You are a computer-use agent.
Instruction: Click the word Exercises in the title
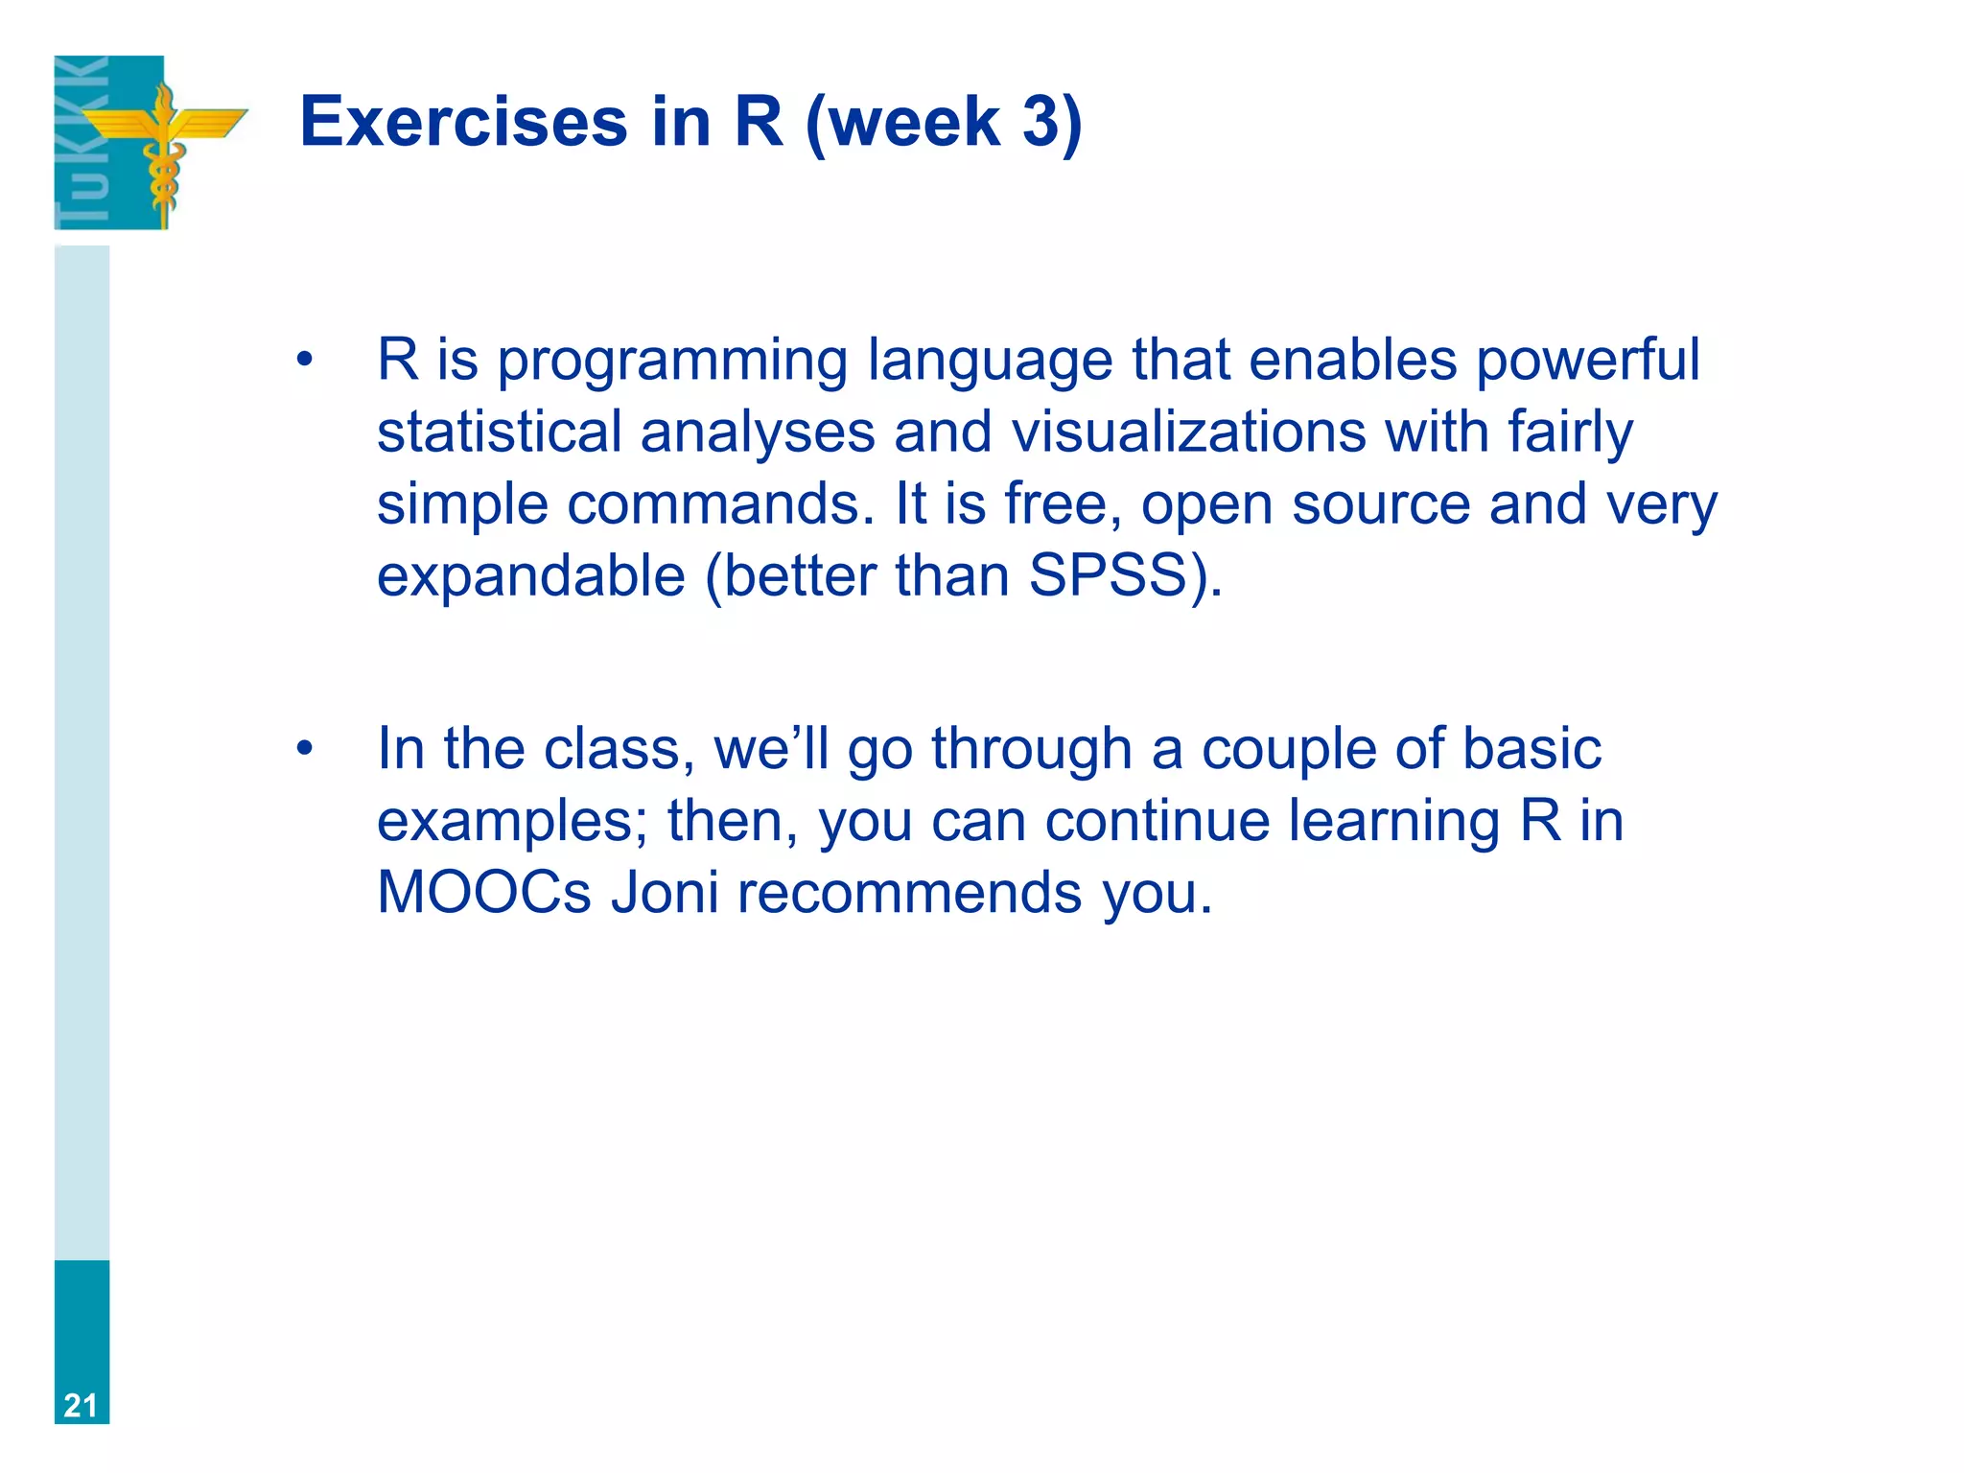(x=463, y=123)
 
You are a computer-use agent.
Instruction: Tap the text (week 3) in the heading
(x=944, y=123)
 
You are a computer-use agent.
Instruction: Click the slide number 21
(x=81, y=1405)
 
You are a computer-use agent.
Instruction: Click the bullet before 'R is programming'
(x=305, y=361)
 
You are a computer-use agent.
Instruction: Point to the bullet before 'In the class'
(x=305, y=749)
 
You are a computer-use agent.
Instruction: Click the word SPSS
(x=1108, y=575)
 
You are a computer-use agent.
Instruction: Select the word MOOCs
(x=483, y=892)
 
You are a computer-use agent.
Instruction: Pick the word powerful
(x=1587, y=361)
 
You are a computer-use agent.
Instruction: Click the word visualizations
(x=1189, y=432)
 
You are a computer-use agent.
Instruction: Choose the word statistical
(x=499, y=432)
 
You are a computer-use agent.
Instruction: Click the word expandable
(x=530, y=575)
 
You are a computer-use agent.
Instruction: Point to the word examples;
(x=513, y=822)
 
